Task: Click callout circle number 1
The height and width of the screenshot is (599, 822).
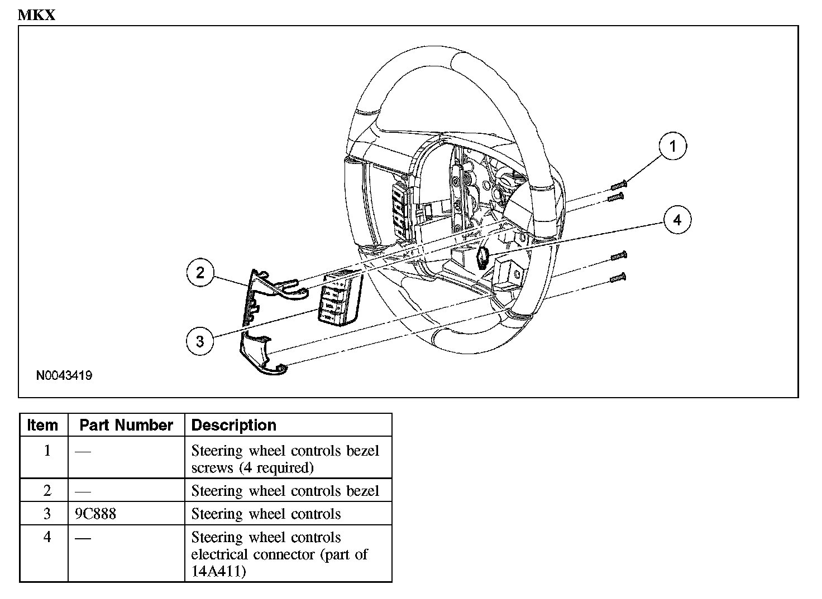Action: tap(672, 146)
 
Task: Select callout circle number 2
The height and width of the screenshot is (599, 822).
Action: tap(200, 273)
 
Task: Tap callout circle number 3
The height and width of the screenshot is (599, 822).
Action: tap(200, 340)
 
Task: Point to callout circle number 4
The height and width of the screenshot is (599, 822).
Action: tap(677, 220)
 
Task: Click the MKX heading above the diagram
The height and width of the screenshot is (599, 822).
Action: tap(37, 15)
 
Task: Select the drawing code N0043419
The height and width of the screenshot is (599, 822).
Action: tap(64, 375)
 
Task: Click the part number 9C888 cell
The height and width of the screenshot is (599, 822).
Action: tap(95, 514)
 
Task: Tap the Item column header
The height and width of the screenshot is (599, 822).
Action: tap(42, 425)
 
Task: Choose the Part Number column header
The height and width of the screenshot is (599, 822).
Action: tap(126, 425)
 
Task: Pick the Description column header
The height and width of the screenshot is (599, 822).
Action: tap(233, 425)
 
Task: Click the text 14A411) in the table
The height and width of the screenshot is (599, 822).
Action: tap(218, 572)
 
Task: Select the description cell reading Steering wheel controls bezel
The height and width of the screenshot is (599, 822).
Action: tap(285, 491)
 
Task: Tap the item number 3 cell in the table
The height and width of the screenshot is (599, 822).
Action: tap(47, 514)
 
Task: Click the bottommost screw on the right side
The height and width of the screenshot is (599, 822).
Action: tap(619, 277)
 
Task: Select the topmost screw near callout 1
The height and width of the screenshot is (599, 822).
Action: tap(619, 184)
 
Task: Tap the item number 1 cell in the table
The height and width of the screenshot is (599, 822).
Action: tap(47, 451)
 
